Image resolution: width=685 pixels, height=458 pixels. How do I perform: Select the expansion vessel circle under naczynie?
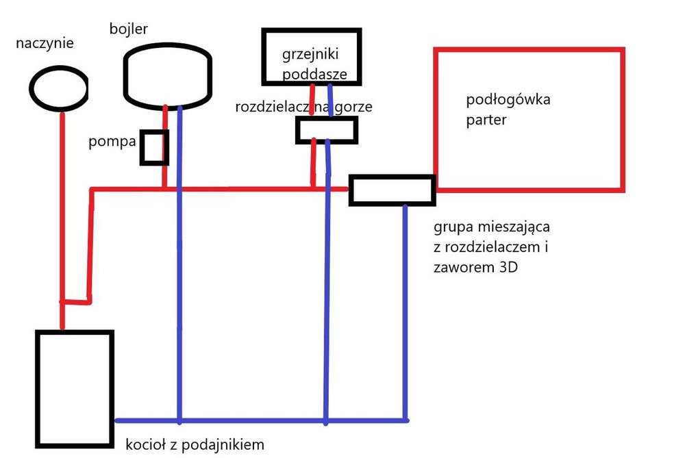pyautogui.click(x=58, y=88)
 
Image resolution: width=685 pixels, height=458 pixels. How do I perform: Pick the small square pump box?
pyautogui.click(x=154, y=147)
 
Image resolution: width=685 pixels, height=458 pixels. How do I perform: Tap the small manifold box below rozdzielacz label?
pyautogui.click(x=327, y=129)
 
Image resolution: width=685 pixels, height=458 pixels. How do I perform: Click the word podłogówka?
pyautogui.click(x=508, y=100)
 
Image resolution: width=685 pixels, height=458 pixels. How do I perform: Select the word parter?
pyautogui.click(x=486, y=120)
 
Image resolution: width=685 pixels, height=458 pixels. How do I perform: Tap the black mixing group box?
pyautogui.click(x=392, y=190)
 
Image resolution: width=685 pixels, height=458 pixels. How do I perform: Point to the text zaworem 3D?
pyautogui.click(x=475, y=267)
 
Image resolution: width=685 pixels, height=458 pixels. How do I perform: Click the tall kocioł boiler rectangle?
pyautogui.click(x=74, y=388)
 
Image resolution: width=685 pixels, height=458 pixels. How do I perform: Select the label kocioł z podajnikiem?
pyautogui.click(x=195, y=444)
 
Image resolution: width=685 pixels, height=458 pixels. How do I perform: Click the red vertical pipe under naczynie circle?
pyautogui.click(x=62, y=205)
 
